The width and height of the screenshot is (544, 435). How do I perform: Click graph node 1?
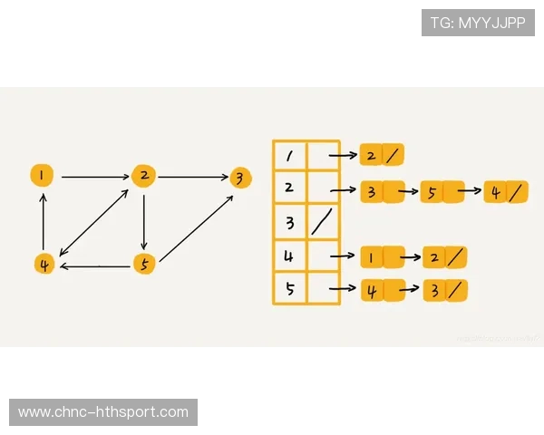tap(41, 175)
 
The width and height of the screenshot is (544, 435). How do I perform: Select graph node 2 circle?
tap(143, 175)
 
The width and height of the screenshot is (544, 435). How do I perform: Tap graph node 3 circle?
tap(239, 177)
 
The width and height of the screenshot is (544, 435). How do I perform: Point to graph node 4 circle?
tap(43, 264)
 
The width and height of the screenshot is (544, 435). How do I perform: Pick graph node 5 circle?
tap(143, 264)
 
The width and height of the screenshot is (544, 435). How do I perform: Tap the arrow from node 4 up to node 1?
tap(42, 219)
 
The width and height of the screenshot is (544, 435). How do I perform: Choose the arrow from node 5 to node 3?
tap(192, 221)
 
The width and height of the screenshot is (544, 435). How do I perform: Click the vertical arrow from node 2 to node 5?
tap(144, 219)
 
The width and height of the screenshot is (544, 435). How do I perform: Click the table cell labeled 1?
tap(289, 156)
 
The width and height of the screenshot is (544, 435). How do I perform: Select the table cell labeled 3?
tap(289, 223)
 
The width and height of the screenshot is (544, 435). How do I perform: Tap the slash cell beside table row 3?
tap(323, 223)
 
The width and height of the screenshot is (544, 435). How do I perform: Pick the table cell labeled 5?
tap(289, 290)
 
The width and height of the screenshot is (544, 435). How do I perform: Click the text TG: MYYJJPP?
tap(478, 23)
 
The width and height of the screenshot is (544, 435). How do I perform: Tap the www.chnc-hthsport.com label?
tap(104, 412)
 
